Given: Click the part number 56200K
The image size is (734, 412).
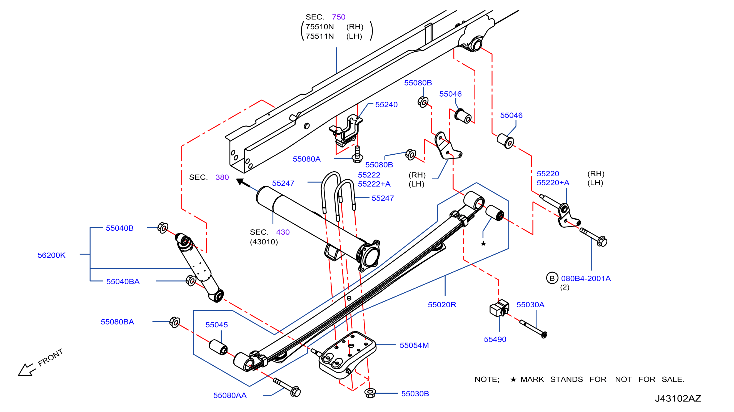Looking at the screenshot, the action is pyautogui.click(x=52, y=255).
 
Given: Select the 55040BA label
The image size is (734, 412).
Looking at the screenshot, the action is pyautogui.click(x=123, y=281).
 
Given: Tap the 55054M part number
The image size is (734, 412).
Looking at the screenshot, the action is pyautogui.click(x=414, y=345).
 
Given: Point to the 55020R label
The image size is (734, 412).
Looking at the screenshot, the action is pyautogui.click(x=442, y=305).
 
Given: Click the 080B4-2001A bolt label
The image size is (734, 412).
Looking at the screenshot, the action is pyautogui.click(x=586, y=278).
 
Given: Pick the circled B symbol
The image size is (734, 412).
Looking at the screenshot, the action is pyautogui.click(x=552, y=278).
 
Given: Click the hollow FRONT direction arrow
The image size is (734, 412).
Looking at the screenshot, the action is pyautogui.click(x=27, y=370).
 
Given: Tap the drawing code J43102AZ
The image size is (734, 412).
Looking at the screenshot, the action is pyautogui.click(x=678, y=398).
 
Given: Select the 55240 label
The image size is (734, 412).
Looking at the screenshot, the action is pyautogui.click(x=386, y=104).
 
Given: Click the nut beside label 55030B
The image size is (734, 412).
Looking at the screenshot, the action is pyautogui.click(x=370, y=393).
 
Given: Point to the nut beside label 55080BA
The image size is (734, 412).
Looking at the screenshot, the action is pyautogui.click(x=175, y=322).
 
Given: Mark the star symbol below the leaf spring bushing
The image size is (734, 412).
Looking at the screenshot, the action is pyautogui.click(x=483, y=243).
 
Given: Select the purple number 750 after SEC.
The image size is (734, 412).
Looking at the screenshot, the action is pyautogui.click(x=338, y=17).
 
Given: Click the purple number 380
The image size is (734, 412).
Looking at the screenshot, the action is pyautogui.click(x=222, y=177).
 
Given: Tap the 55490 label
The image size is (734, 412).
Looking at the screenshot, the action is pyautogui.click(x=495, y=339).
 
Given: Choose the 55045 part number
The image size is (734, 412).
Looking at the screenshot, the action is pyautogui.click(x=216, y=325).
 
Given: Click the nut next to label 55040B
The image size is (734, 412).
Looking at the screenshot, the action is pyautogui.click(x=163, y=228).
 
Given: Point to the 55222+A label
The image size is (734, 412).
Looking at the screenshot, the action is pyautogui.click(x=374, y=184).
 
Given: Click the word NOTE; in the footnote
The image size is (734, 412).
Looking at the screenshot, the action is pyautogui.click(x=487, y=379).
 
